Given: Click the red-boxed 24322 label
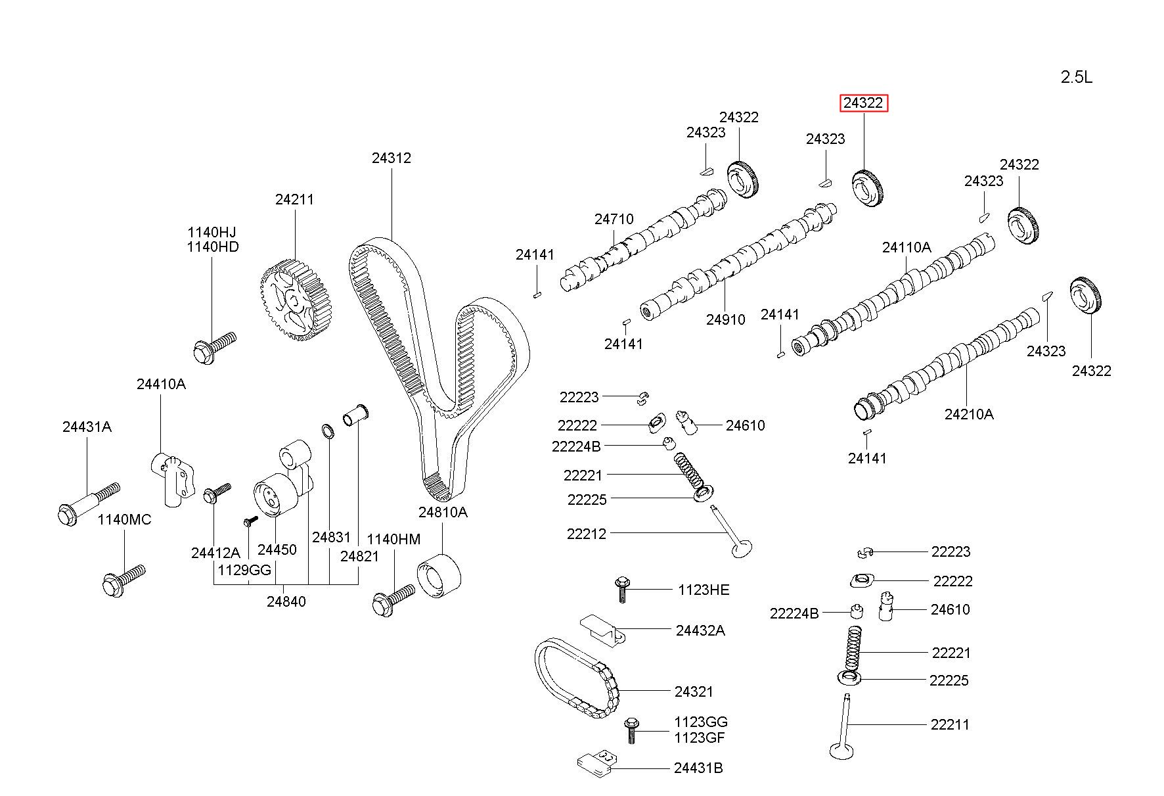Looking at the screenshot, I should coord(864,103).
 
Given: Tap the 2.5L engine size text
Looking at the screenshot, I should coord(1077,78).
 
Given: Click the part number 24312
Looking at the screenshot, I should coord(391,158).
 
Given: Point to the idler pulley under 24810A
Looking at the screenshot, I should coord(439,576).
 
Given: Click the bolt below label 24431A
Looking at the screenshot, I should coord(88,503).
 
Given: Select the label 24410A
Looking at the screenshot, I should coord(161,384).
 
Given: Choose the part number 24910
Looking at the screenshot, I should coord(725,319).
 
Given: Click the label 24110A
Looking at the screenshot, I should coord(907,247).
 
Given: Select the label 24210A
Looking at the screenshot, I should coord(969,414).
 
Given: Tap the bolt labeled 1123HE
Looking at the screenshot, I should coord(621,589).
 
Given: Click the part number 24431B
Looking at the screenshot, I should coord(698,768).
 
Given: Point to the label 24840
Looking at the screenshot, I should coord(286,601).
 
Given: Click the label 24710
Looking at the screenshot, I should coord(614,219).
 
